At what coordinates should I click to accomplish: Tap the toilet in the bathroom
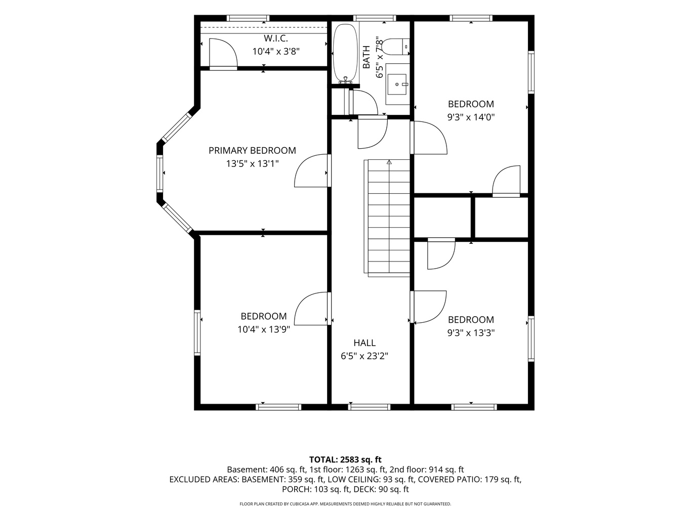pyautogui.click(x=395, y=47)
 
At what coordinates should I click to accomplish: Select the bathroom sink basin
pyautogui.click(x=397, y=84)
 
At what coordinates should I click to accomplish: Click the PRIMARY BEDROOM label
pyautogui.click(x=252, y=150)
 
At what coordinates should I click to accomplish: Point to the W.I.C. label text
pyautogui.click(x=276, y=38)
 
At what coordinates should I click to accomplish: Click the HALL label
pyautogui.click(x=364, y=342)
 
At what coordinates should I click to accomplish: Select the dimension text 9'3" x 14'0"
pyautogui.click(x=471, y=117)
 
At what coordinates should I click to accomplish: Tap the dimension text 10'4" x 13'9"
pyautogui.click(x=264, y=329)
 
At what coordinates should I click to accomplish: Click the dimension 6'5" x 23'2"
pyautogui.click(x=364, y=356)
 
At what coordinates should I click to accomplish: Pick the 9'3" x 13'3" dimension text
pyautogui.click(x=471, y=333)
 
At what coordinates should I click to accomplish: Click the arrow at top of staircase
pyautogui.click(x=389, y=162)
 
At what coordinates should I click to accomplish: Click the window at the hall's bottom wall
pyautogui.click(x=369, y=407)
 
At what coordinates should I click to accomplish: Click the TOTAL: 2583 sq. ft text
pyautogui.click(x=345, y=459)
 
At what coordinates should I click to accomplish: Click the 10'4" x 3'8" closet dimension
pyautogui.click(x=276, y=51)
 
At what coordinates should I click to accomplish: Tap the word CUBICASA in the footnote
pyautogui.click(x=302, y=504)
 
